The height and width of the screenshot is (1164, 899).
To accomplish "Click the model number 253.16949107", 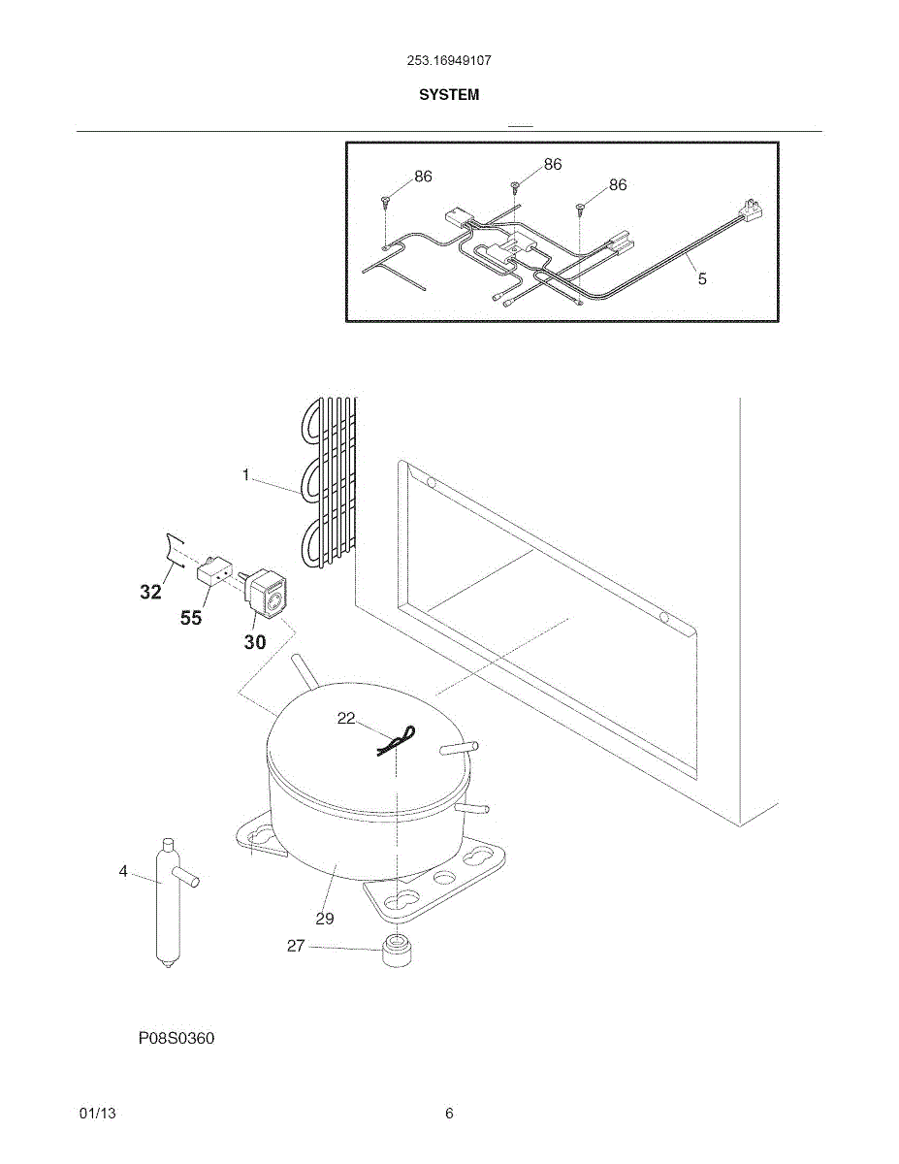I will pos(448,60).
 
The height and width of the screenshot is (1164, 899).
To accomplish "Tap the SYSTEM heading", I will pos(448,95).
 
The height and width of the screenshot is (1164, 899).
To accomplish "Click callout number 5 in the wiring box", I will pos(702,278).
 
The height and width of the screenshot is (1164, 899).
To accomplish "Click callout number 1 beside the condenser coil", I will pos(246,475).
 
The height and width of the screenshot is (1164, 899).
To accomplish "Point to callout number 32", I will pos(150,592).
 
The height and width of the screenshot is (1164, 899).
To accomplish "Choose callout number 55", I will pos(191,617).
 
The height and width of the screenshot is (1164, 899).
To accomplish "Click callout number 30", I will pos(254,641).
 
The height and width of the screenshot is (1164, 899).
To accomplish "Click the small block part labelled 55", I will pos(213,573).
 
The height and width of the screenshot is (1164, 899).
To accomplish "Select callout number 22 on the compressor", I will pos(346,718).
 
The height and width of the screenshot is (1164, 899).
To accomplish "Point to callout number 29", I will pos(325,918).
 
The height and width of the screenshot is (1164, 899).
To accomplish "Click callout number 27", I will pos(296,946).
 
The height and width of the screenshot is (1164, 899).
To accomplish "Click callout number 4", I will pos(123,871).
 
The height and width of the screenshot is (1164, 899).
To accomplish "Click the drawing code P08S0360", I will pos(176,1039).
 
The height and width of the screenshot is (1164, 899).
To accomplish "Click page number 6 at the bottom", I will pos(449,1114).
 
